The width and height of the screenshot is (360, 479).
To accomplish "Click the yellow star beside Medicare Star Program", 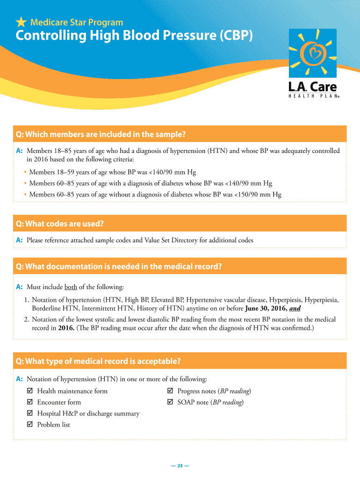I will point(21,22).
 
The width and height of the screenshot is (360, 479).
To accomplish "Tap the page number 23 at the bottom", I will point(180,465).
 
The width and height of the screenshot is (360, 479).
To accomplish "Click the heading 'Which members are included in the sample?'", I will point(101,135).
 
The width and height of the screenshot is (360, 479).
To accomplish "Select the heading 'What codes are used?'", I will point(60,224).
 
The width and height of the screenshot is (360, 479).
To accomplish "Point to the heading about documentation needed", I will point(119,267).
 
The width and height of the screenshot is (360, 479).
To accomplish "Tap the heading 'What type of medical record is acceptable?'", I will point(98,361).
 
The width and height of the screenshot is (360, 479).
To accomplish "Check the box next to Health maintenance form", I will point(30,391).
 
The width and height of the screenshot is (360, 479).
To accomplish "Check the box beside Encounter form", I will point(30,402).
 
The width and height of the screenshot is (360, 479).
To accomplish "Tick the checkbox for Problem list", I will point(30,425).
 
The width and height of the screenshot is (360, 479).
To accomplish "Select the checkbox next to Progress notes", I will point(170,391).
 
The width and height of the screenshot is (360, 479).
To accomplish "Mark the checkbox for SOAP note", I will point(170,402).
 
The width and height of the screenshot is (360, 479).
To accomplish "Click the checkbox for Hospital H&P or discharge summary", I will point(30,414).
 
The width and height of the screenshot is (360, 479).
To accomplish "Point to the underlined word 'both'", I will point(71,287).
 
